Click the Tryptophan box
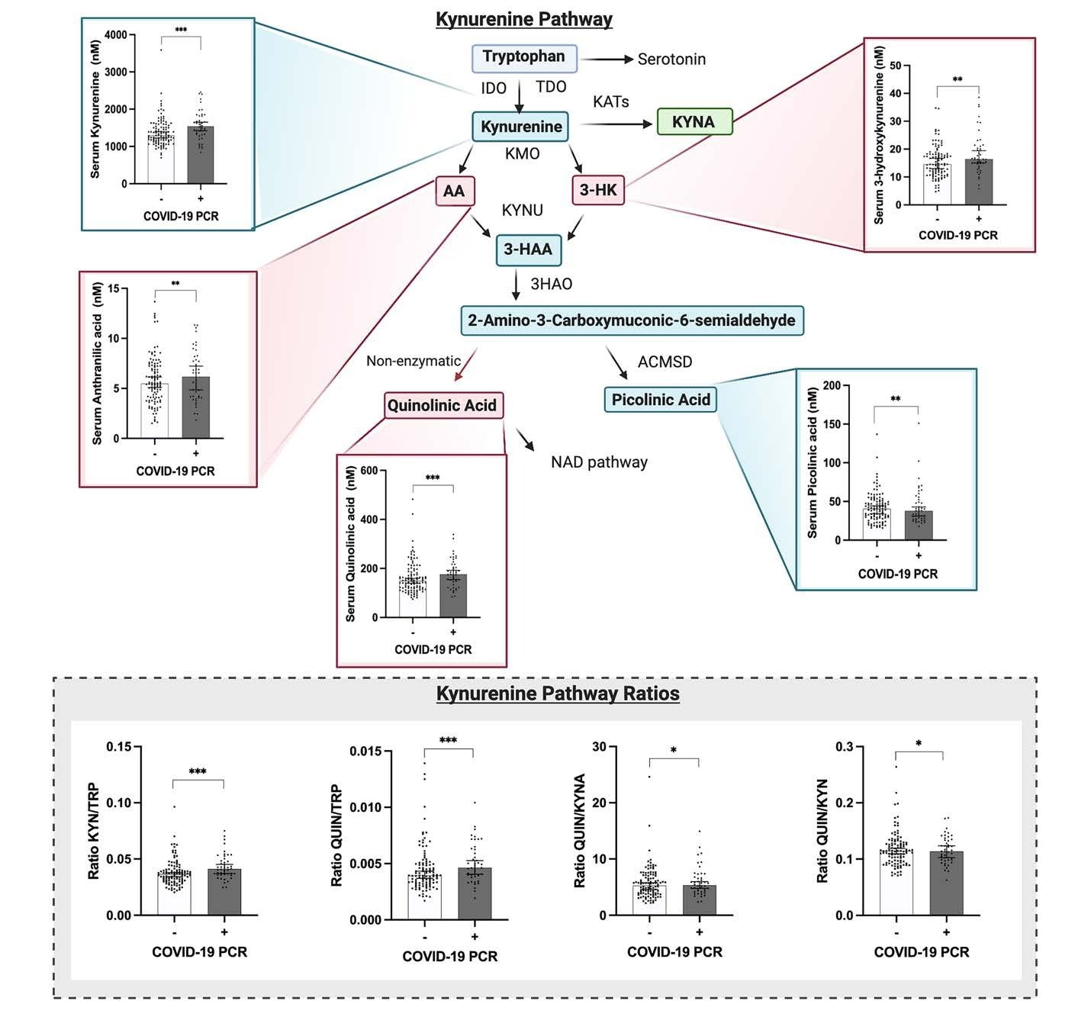[523, 57]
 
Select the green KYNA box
[694, 122]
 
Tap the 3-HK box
[597, 190]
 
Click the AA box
[454, 191]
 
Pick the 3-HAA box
[528, 249]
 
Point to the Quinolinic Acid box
[442, 405]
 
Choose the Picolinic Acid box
[660, 400]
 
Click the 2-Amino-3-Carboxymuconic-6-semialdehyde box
[632, 320]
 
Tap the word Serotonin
[671, 60]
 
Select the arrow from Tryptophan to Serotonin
[607, 60]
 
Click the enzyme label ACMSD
[665, 362]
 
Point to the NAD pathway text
[599, 462]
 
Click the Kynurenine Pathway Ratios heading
[558, 694]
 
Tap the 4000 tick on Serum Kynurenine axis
[116, 35]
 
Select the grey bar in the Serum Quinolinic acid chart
[453, 596]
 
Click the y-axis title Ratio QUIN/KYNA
[580, 831]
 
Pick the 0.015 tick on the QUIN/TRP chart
[365, 751]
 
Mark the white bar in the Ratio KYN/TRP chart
[174, 892]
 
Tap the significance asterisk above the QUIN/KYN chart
[919, 744]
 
